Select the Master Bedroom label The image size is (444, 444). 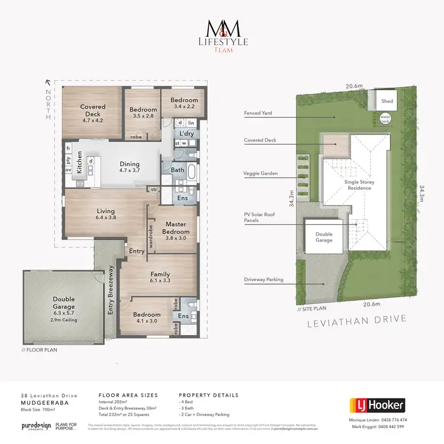click(x=176, y=228)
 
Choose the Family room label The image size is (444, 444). click(x=160, y=278)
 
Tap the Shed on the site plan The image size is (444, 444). click(x=387, y=101)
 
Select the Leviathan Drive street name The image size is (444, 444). click(x=357, y=319)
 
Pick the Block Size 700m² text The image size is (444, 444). click(x=38, y=408)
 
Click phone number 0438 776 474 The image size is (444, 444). click(x=408, y=420)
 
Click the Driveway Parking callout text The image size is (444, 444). click(x=263, y=279)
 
